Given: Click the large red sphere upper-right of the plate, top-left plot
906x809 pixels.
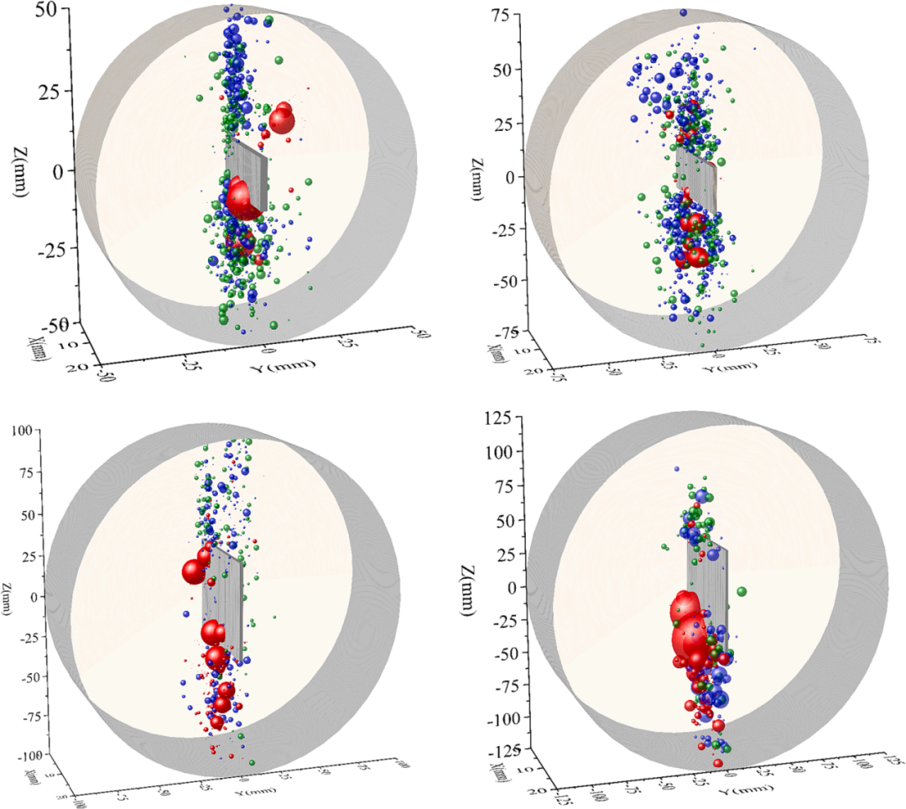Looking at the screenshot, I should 281,118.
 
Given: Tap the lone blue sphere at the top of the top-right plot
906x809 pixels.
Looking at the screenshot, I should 683,13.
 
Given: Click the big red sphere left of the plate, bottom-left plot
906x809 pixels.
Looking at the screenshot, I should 195,572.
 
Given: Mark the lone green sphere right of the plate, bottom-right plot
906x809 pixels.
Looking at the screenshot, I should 741,592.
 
